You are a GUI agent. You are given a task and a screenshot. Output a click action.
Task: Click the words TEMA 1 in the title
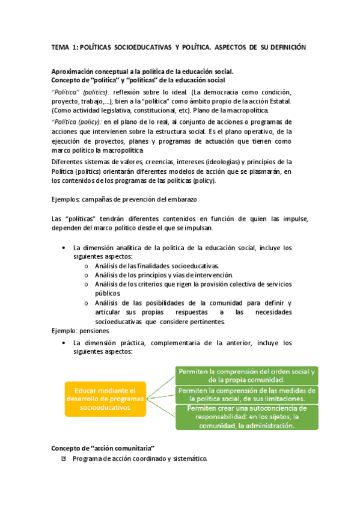[64, 47]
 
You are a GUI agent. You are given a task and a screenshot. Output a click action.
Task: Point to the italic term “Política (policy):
[76, 121]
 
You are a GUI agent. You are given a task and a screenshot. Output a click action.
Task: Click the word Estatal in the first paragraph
[275, 101]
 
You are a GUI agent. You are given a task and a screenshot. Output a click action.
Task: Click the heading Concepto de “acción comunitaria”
[103, 449]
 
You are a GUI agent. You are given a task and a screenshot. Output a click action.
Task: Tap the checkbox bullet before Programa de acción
[64, 459]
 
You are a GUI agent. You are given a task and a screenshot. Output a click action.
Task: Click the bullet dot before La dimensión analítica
[64, 248]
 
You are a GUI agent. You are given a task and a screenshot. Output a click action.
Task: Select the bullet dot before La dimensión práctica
[64, 343]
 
